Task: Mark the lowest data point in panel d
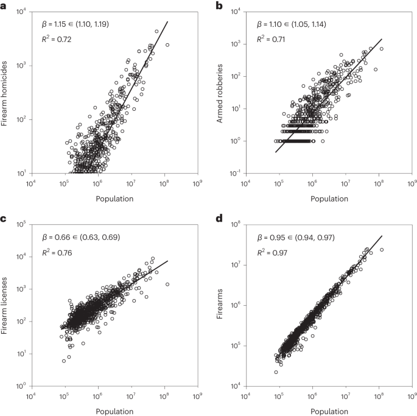coord(276,372)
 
